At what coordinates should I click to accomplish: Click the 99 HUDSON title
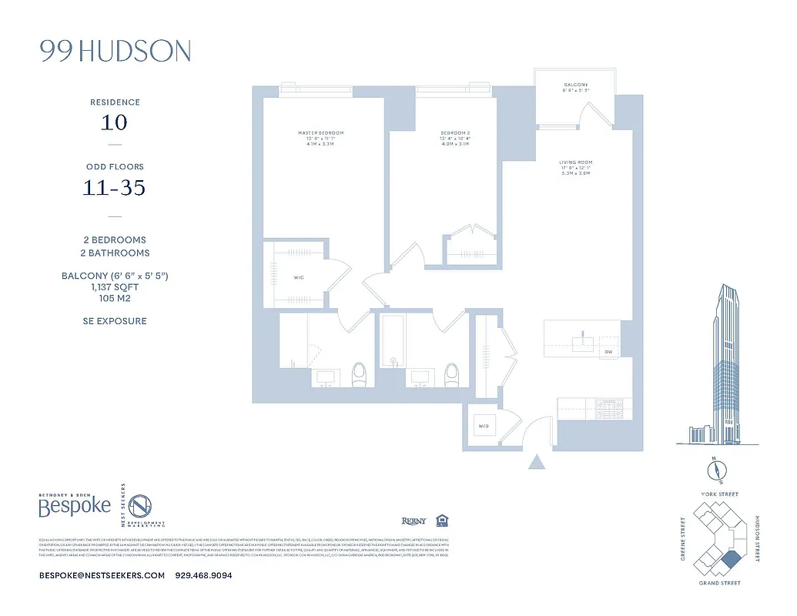click(x=115, y=52)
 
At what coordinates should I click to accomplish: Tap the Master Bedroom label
click(x=320, y=133)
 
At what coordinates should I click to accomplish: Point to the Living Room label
click(x=575, y=162)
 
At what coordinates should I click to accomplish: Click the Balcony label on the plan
click(x=575, y=85)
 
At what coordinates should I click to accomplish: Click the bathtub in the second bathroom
click(x=392, y=346)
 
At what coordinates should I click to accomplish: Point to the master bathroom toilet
click(x=359, y=375)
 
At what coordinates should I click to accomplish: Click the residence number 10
click(x=114, y=122)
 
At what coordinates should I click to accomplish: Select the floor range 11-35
click(x=114, y=187)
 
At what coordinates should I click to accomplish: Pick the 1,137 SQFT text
click(x=115, y=288)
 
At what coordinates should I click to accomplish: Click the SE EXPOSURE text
click(x=115, y=321)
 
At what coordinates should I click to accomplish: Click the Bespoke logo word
click(x=75, y=507)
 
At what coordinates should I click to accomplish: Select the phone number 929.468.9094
click(x=204, y=575)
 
